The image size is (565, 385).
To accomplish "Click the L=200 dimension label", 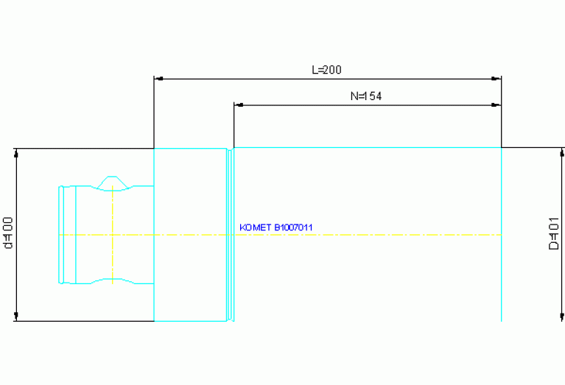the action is pyautogui.click(x=327, y=70).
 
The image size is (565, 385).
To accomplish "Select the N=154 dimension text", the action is pyautogui.click(x=366, y=96).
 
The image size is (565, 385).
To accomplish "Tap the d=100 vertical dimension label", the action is pyautogui.click(x=8, y=234).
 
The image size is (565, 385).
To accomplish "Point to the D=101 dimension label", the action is pyautogui.click(x=554, y=234).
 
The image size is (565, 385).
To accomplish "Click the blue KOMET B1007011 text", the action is pyautogui.click(x=276, y=227).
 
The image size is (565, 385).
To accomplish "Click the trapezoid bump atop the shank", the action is pyautogui.click(x=111, y=182).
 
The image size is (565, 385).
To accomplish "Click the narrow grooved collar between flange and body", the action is pyautogui.click(x=230, y=234).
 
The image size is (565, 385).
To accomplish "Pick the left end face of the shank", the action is pyautogui.click(x=60, y=234).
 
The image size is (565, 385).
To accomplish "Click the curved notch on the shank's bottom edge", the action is pyautogui.click(x=111, y=279).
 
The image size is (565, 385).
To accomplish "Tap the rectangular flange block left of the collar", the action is pyautogui.click(x=189, y=234).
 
